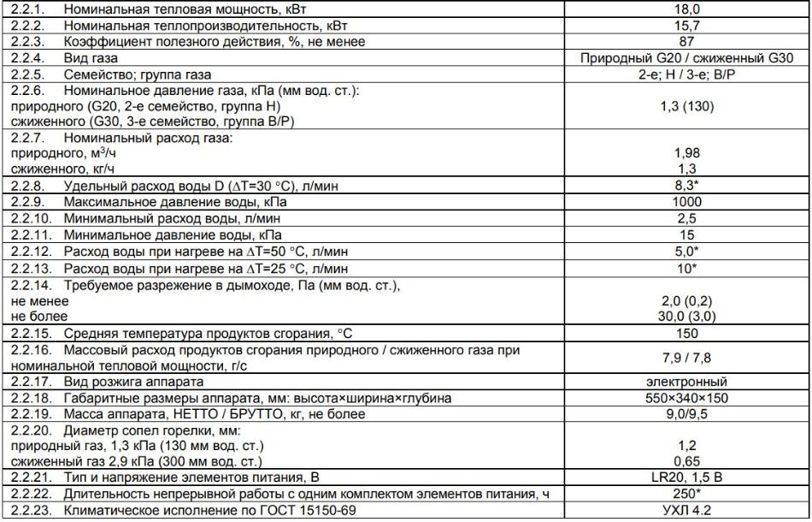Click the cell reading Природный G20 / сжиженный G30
tap(687, 57)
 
